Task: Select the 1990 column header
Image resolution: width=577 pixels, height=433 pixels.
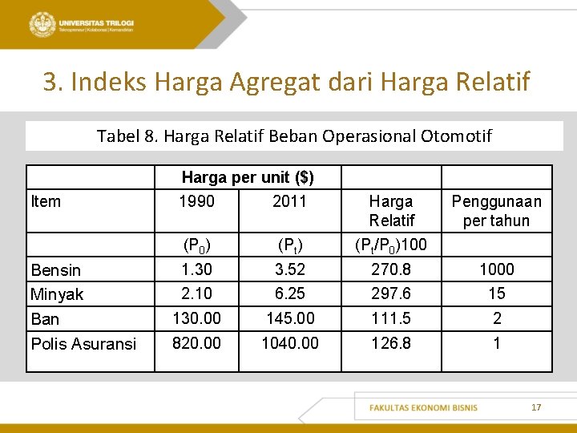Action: tap(196, 201)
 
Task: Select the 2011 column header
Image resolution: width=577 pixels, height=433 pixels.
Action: tap(289, 201)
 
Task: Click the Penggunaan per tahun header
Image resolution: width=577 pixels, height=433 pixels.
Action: tap(497, 211)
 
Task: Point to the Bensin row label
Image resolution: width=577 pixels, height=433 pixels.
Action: tap(56, 269)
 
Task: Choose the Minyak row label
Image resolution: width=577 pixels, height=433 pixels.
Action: tap(57, 294)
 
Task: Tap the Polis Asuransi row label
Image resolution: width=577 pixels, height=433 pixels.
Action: tap(83, 344)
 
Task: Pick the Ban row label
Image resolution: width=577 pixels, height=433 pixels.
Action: tap(45, 319)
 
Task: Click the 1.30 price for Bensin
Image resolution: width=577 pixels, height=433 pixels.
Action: tap(196, 269)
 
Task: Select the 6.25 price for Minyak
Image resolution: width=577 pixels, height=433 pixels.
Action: tap(289, 293)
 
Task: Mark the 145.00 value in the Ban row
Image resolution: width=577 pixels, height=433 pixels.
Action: tap(289, 318)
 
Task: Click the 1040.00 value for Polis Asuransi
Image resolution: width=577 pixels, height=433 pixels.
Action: tap(289, 343)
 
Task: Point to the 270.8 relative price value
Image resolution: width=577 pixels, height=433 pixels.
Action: tap(391, 269)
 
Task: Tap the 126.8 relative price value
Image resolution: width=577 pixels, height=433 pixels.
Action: tap(391, 343)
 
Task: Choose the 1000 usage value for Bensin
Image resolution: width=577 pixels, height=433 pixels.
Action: tap(497, 269)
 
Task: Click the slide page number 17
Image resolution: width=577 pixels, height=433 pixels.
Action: tap(536, 407)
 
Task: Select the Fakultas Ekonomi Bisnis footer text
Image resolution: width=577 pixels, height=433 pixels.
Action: tap(423, 407)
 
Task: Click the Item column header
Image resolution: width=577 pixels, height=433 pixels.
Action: tap(46, 201)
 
